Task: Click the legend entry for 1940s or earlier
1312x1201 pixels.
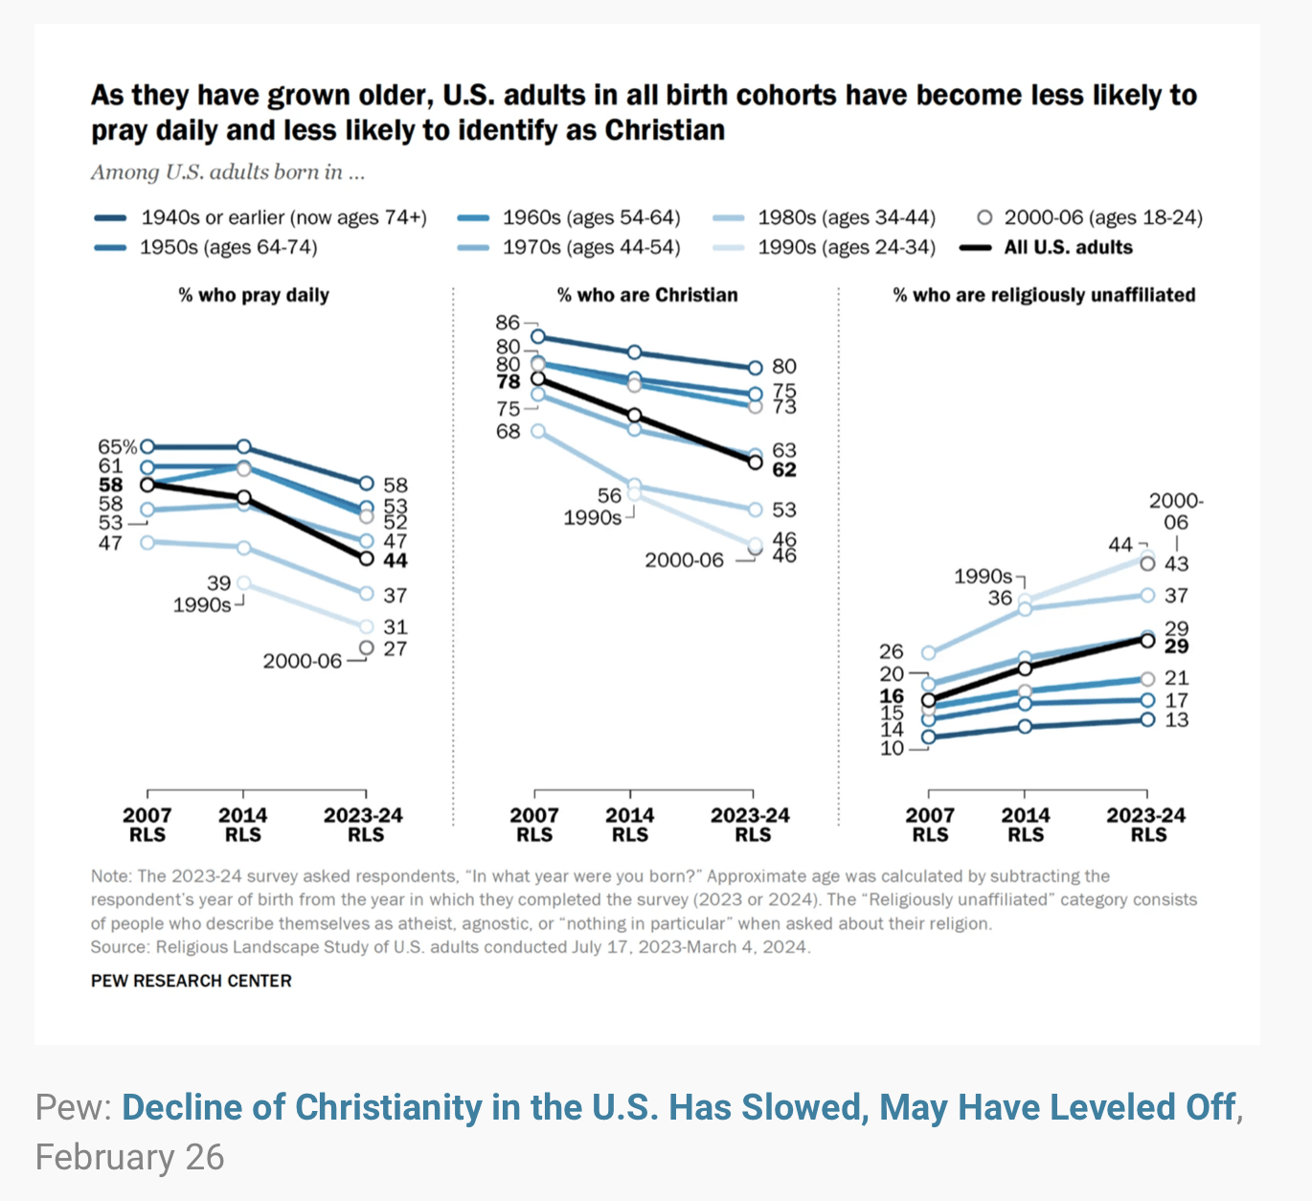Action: pos(283,217)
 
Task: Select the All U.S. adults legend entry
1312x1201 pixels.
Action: pos(1067,247)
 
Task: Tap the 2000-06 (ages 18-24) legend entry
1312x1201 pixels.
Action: pos(1101,217)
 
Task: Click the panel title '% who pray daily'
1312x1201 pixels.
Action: pos(254,295)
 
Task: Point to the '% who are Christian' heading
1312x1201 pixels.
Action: pos(647,295)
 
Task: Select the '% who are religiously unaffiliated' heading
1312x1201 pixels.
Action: pos(1044,295)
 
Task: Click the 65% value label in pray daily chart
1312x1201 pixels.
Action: pos(117,446)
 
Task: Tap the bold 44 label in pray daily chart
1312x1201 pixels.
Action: pos(395,560)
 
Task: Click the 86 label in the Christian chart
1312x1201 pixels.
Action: pos(508,323)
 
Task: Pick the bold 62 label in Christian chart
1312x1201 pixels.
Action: pos(784,469)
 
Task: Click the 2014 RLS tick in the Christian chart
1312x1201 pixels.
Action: pos(629,825)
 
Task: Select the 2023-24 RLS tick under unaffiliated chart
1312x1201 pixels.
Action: pos(1146,825)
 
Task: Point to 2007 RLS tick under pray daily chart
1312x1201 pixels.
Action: pos(147,825)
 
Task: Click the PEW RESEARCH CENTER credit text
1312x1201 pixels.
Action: pos(192,981)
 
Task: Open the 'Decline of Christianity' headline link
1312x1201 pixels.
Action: pos(679,1107)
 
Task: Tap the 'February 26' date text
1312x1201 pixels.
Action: pos(130,1157)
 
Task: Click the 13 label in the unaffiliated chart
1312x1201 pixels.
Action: pos(1176,720)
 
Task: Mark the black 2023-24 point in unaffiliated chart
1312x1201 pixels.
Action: pos(1147,640)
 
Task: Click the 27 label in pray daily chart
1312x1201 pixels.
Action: pos(395,649)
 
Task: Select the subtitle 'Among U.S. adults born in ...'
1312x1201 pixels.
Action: pos(228,172)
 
